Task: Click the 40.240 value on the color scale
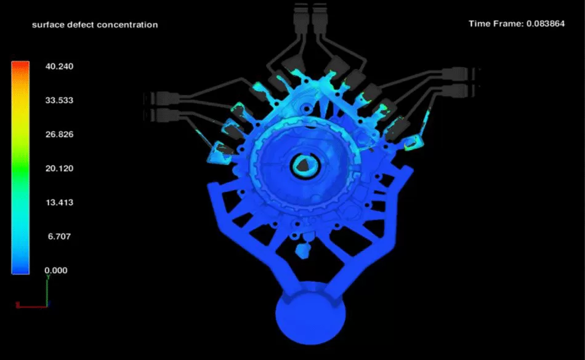pyautogui.click(x=59, y=66)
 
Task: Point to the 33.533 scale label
pyautogui.click(x=59, y=100)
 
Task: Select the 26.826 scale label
pyautogui.click(x=59, y=134)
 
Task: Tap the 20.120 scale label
pyautogui.click(x=59, y=169)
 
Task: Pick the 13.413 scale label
pyautogui.click(x=59, y=202)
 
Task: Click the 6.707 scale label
pyautogui.click(x=59, y=236)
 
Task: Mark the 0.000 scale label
pyautogui.click(x=56, y=270)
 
